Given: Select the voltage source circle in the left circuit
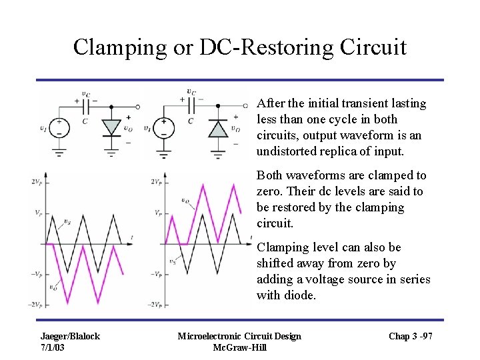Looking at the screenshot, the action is coord(59,127).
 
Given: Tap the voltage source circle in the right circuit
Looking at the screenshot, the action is coord(164,127).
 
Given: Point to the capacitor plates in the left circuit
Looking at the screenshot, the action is coord(85,106).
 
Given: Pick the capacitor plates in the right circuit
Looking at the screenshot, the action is coord(191,105).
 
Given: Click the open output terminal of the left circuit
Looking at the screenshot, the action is coord(137,107).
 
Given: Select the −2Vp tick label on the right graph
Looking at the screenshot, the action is coord(155,305).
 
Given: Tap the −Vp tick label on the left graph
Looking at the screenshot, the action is coord(37,274).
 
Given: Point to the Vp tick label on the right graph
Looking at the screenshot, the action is coord(157,213).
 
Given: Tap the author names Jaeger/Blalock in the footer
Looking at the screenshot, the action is coord(70,336).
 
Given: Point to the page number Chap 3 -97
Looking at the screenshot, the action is coord(411,336).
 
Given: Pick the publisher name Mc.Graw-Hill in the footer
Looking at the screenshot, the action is coord(239,347).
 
